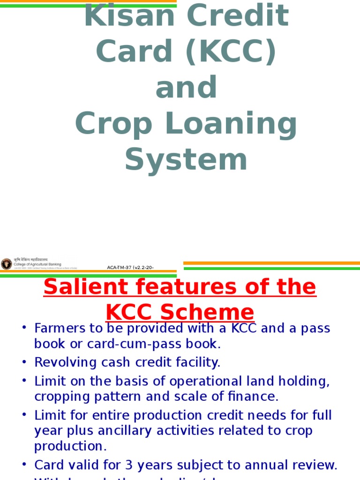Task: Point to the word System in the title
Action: (x=186, y=159)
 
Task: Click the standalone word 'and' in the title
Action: (x=186, y=88)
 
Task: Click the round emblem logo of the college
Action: (x=7, y=264)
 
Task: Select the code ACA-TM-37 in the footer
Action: (x=120, y=268)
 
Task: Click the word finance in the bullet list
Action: (x=257, y=397)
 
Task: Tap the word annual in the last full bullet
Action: (x=286, y=465)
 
